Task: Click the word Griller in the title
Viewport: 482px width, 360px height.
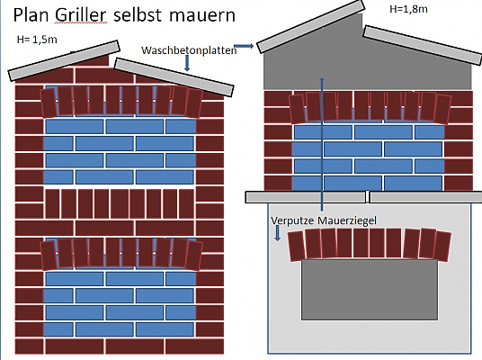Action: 81,15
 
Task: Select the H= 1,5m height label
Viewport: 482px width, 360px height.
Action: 37,40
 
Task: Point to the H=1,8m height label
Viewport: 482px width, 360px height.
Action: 408,9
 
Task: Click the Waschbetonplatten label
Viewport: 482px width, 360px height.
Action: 189,50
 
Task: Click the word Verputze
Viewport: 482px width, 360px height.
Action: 292,220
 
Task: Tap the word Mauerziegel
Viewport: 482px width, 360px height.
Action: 347,220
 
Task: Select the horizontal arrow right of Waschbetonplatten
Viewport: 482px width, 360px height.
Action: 244,46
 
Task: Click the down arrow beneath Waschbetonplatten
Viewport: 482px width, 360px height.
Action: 187,63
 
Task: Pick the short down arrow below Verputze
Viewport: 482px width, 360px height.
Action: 277,233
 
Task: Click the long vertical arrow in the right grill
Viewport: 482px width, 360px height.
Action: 322,144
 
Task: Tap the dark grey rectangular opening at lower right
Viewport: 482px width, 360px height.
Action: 370,290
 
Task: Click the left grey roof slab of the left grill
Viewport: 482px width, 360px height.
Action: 64,60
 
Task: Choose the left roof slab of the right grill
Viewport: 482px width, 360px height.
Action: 310,26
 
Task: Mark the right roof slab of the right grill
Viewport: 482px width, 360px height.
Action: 423,45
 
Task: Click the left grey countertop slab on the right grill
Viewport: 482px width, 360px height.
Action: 306,197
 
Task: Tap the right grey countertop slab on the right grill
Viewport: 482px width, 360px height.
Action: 425,197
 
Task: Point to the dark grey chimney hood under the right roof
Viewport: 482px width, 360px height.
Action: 367,61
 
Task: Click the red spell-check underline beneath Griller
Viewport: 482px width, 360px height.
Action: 81,22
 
